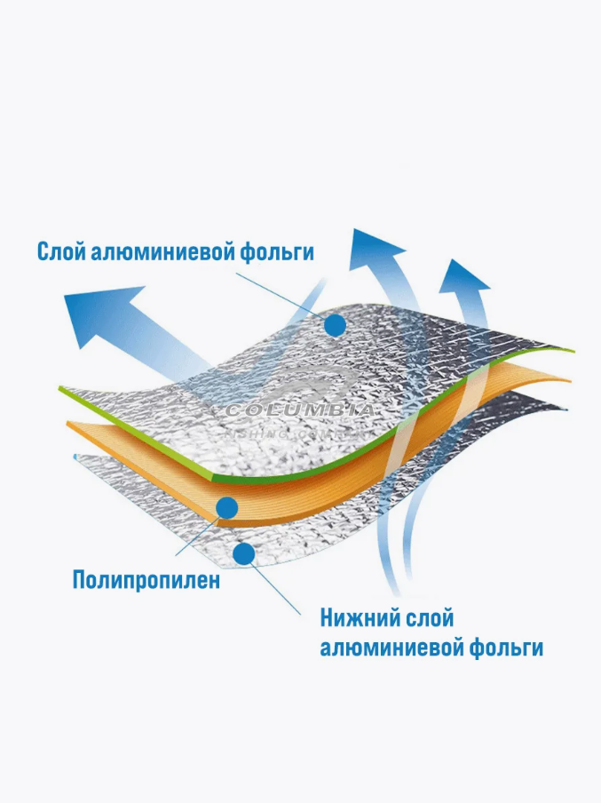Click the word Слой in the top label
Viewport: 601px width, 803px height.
[60, 252]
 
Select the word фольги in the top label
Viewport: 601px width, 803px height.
[276, 252]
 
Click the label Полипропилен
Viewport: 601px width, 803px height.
[146, 582]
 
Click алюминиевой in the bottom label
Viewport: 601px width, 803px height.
[391, 648]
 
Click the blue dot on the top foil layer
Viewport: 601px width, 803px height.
[335, 326]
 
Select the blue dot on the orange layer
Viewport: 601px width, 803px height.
[227, 508]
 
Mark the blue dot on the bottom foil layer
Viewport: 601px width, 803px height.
[244, 554]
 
